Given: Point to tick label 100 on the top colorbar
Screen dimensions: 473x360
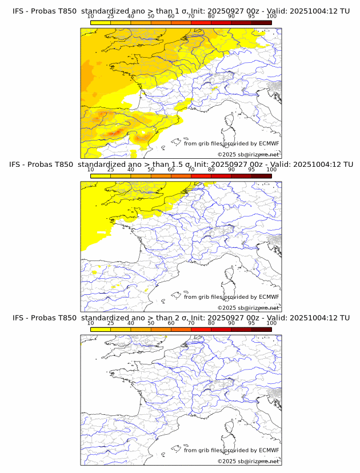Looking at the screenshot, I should coord(271,17).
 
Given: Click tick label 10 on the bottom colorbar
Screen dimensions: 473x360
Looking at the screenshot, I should coord(91,323).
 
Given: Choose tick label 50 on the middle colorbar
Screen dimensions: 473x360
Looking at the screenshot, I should coord(151,170).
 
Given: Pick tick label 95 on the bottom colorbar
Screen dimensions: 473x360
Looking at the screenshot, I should coord(251,323).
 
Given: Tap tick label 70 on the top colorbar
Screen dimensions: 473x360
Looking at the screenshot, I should coord(191,17).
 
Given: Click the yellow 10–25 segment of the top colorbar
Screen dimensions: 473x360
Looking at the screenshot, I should coord(101,22).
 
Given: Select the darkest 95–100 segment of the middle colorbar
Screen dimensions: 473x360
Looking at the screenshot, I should coord(261,176).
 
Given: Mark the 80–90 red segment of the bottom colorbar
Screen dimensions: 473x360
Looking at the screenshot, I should coord(221,330).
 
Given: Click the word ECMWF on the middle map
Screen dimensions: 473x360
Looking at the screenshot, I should coord(269,297).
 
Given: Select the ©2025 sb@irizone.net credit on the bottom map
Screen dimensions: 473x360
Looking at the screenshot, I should coord(248,461).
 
